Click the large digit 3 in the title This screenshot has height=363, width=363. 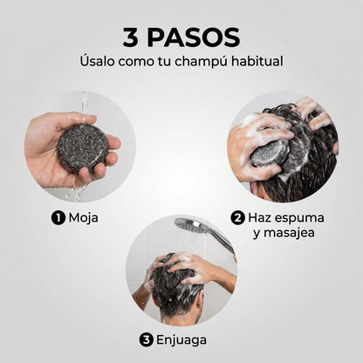[x=131, y=37]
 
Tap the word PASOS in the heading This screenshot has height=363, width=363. [x=193, y=37]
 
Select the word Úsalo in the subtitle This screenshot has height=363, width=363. [x=98, y=61]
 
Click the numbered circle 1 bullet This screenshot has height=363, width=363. [x=58, y=218]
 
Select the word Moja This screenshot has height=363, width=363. [x=83, y=218]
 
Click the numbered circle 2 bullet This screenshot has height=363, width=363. [x=237, y=218]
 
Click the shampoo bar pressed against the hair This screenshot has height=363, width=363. [x=266, y=154]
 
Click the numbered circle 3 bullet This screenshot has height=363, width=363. [x=146, y=339]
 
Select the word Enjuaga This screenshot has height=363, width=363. [x=181, y=340]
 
